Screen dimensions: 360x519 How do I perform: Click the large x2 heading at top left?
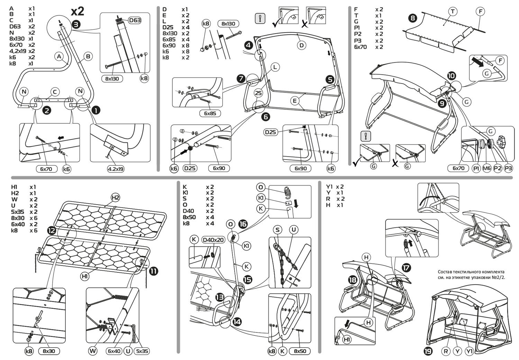click(x=78, y=11)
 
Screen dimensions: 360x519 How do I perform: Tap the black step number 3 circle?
click(x=76, y=24)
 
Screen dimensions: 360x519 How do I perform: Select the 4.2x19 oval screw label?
click(x=116, y=169)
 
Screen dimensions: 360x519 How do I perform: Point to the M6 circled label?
click(x=487, y=168)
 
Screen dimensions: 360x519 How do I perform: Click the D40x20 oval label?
click(x=213, y=240)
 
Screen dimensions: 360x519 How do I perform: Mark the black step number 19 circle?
click(x=428, y=351)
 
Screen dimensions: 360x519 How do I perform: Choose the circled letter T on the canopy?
click(x=453, y=12)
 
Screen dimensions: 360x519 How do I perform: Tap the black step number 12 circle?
click(x=52, y=230)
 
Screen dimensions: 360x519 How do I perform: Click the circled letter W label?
click(x=93, y=351)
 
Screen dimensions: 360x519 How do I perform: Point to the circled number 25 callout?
click(x=258, y=93)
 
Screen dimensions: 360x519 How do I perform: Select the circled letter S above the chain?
click(x=277, y=229)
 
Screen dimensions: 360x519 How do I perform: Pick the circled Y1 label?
click(x=470, y=351)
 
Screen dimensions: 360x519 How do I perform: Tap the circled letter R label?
click(x=446, y=351)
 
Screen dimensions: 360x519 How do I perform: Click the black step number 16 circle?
click(x=243, y=224)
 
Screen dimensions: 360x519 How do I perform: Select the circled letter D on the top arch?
click(x=302, y=45)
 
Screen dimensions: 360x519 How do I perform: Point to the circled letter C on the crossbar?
click(x=55, y=92)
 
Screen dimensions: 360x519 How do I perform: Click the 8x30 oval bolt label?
click(x=49, y=351)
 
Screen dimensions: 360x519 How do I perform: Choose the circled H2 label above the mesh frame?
click(x=115, y=198)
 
